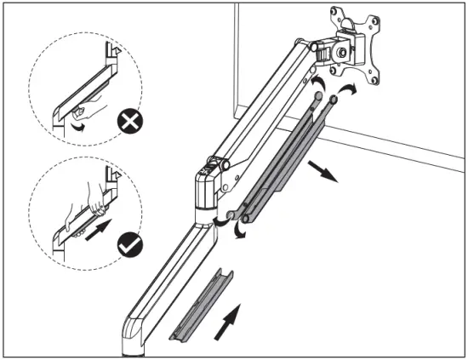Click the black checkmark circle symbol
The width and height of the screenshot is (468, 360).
[x=130, y=247]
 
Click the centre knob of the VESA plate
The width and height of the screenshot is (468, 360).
[x=344, y=51]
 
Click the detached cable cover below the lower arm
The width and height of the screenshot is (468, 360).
[x=203, y=305]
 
